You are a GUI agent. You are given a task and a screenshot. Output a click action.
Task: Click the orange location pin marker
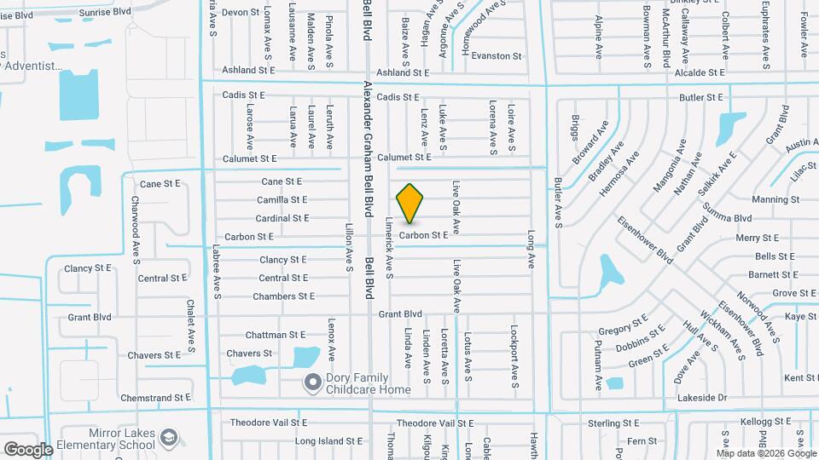click(410, 203)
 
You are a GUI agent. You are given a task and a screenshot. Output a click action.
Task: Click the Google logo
click(27, 449)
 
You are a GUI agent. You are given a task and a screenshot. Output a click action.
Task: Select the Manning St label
click(775, 200)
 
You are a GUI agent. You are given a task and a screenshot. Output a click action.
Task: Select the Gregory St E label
click(624, 328)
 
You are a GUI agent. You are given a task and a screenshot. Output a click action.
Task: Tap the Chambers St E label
click(283, 296)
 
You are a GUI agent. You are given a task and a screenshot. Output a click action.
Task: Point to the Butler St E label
click(701, 98)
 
